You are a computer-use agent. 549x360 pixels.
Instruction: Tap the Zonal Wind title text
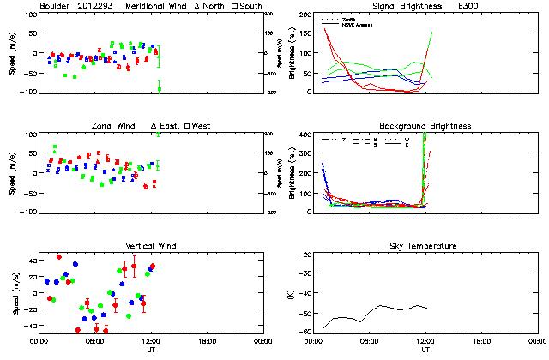[120, 126]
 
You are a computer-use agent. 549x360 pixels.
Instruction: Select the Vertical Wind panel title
[152, 246]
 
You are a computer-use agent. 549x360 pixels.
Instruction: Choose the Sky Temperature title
[425, 246]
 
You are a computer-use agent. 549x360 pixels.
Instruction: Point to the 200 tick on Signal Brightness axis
[305, 15]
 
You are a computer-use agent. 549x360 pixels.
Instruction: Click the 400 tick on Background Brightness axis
[305, 135]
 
